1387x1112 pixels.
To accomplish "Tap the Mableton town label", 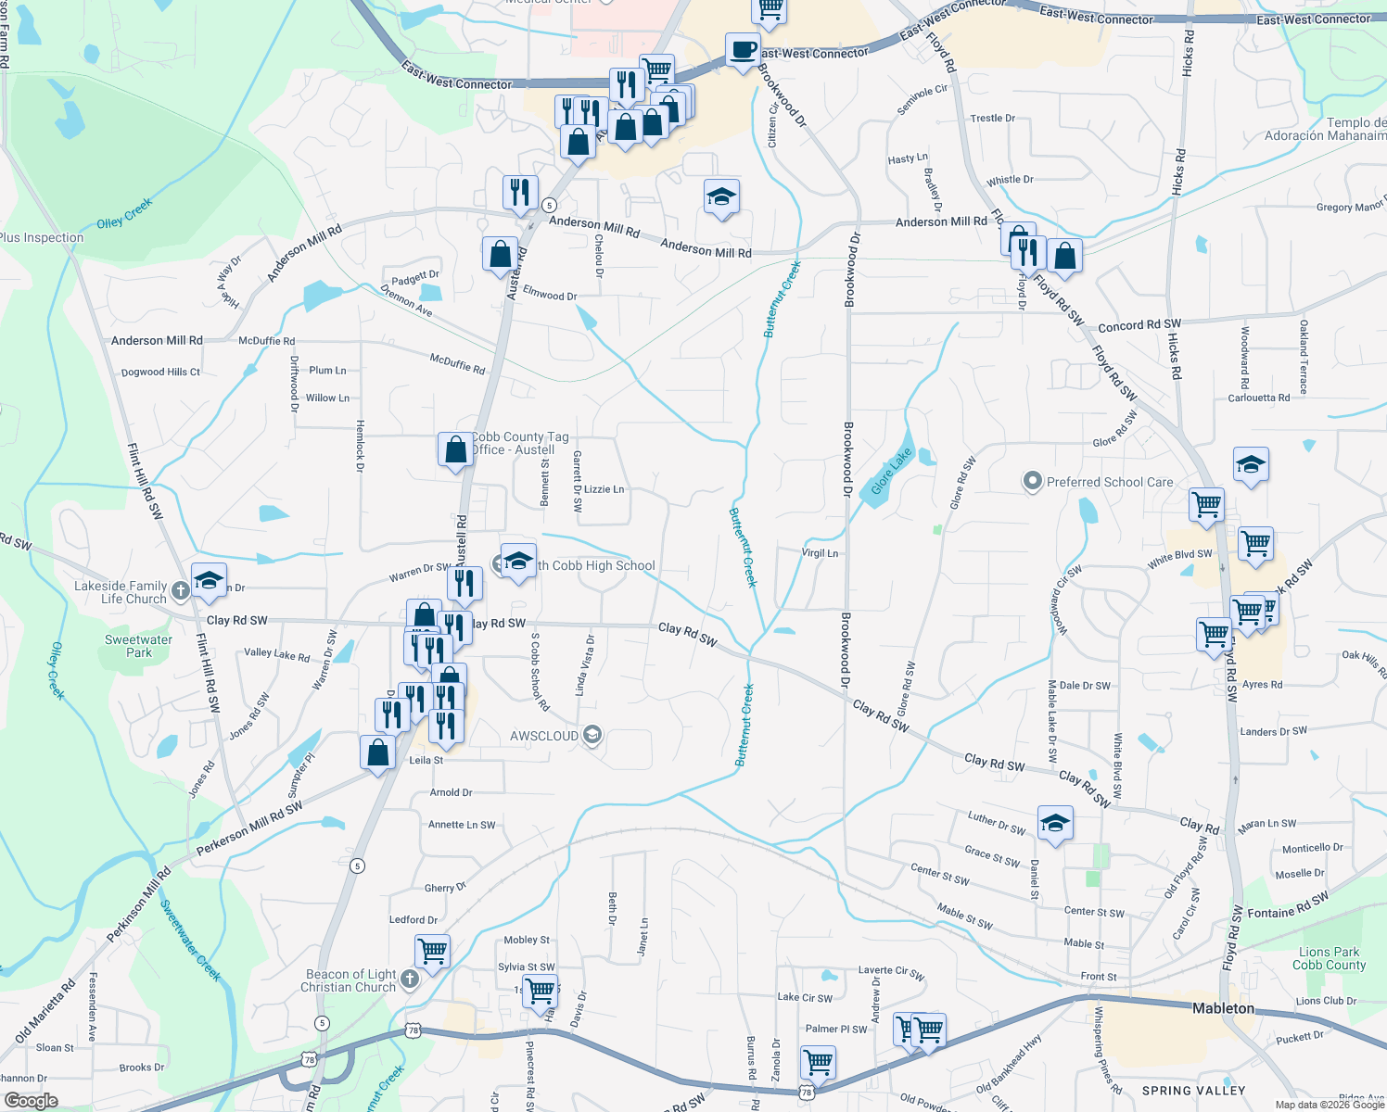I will click(x=1223, y=1008).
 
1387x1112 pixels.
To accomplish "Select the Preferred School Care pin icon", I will click(x=1032, y=482).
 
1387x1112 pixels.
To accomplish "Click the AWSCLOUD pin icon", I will click(x=593, y=736).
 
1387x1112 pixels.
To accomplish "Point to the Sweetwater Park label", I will click(x=138, y=646).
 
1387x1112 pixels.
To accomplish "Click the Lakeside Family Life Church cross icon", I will click(x=180, y=590).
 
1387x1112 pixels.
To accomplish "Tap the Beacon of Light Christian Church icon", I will click(x=410, y=979).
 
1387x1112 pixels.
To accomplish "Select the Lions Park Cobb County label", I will click(x=1329, y=958).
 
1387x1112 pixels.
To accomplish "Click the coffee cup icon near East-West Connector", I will click(x=742, y=49).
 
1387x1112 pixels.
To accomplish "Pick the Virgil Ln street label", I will click(x=820, y=553).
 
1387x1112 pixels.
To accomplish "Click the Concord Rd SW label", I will click(x=1139, y=325).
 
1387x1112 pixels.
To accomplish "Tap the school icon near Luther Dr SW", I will click(x=1055, y=823).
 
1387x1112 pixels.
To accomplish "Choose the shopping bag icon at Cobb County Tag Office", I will click(x=455, y=449).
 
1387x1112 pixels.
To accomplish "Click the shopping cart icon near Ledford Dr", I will click(x=432, y=950).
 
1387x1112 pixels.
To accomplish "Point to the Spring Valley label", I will click(x=1193, y=1091).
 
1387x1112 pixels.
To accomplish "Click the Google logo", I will click(x=31, y=1100).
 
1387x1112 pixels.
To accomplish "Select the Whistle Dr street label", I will click(x=1010, y=180).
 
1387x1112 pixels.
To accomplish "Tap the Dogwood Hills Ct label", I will click(x=160, y=373).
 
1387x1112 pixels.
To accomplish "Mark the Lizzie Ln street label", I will click(x=604, y=489).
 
